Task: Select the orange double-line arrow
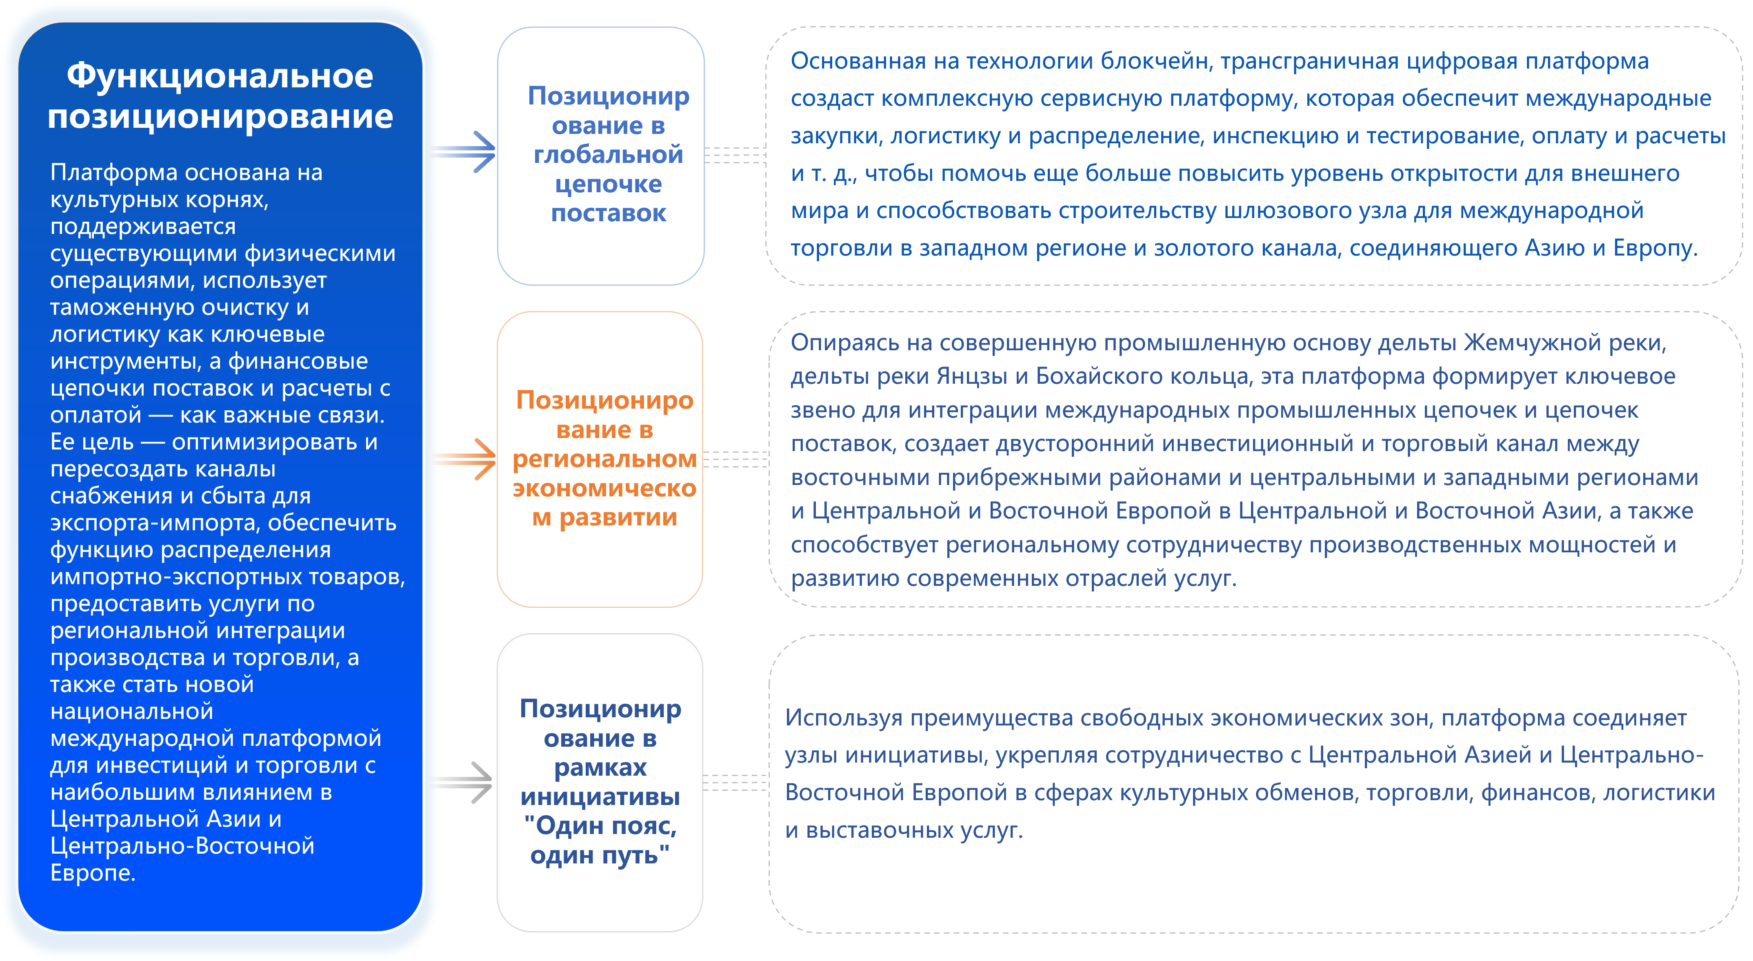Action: tap(466, 459)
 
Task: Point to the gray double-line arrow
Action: tap(463, 783)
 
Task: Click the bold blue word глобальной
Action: tap(609, 154)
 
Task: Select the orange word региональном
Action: tap(604, 459)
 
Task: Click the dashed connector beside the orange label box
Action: tap(735, 459)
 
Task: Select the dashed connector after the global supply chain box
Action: tap(735, 155)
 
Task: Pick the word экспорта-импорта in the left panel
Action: tap(155, 523)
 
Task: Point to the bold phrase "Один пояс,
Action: tap(600, 825)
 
